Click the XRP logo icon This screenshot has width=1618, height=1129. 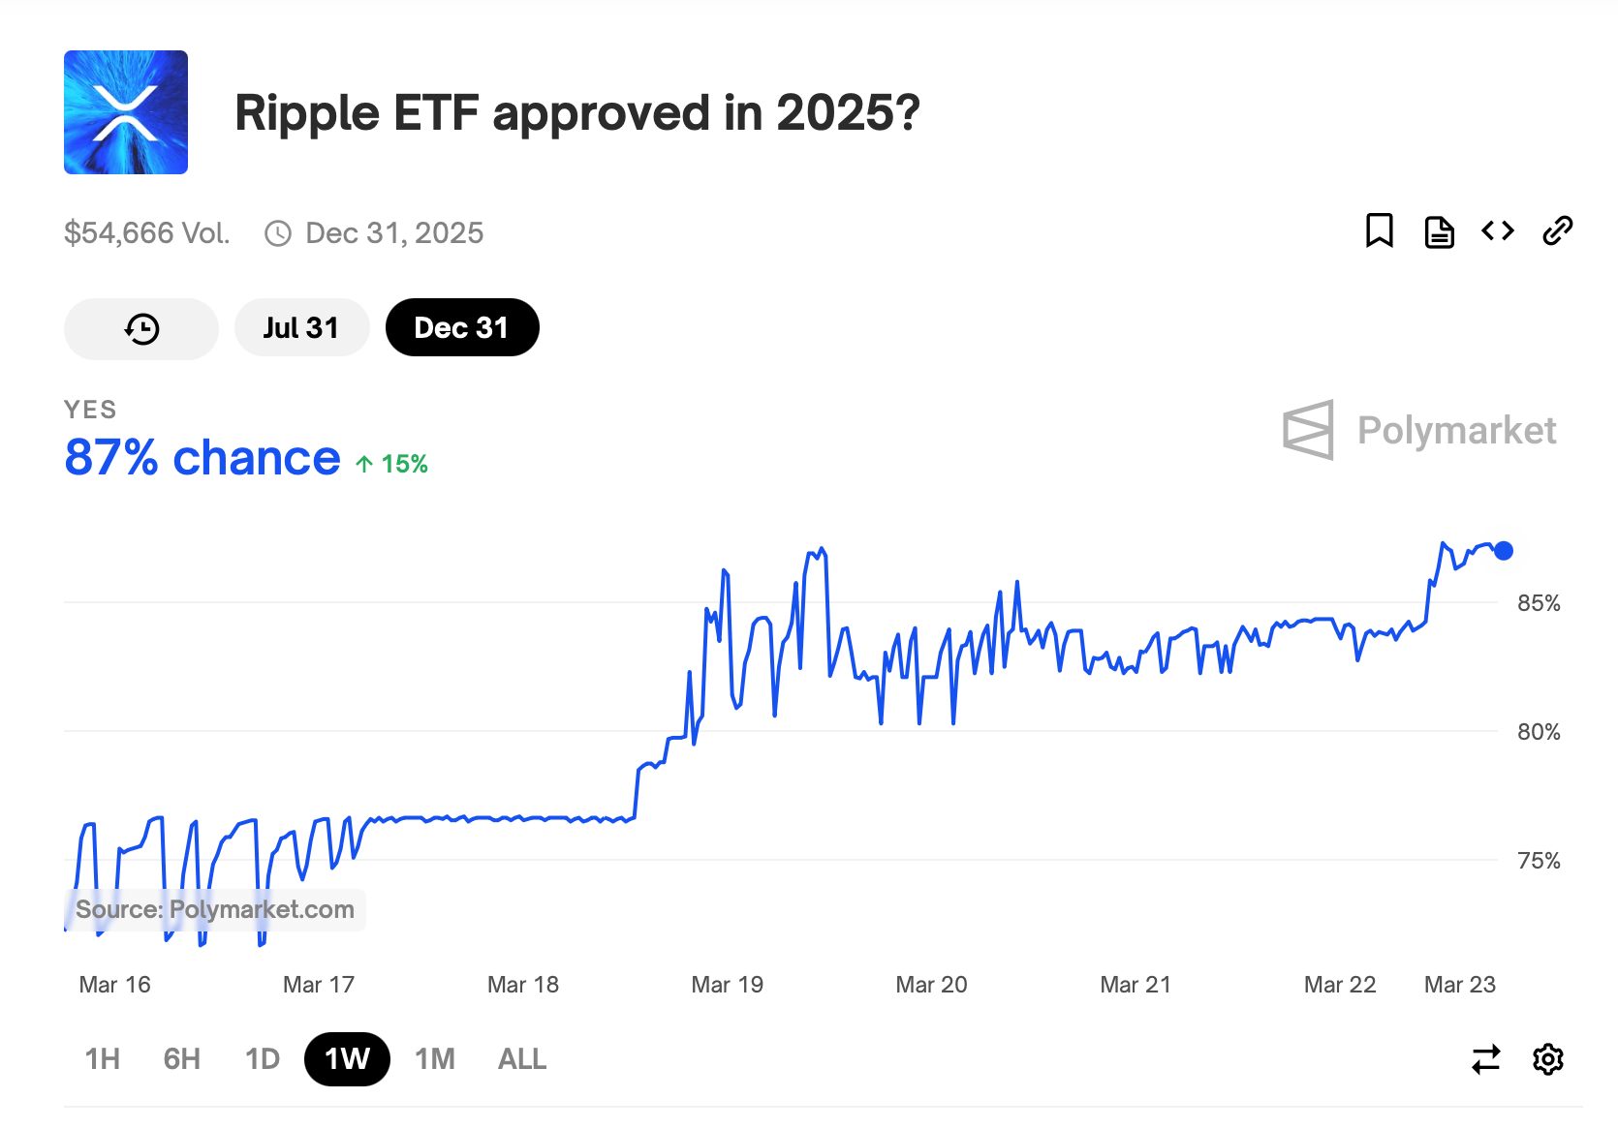[x=126, y=112]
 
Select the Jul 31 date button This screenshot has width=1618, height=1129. [x=301, y=328]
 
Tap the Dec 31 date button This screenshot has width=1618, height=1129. [x=461, y=328]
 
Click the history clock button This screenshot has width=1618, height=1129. [x=141, y=329]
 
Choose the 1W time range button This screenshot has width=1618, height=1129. [x=347, y=1059]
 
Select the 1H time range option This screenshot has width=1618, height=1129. [x=103, y=1059]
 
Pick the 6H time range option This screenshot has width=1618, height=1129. [x=182, y=1059]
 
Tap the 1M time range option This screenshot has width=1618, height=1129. [x=435, y=1059]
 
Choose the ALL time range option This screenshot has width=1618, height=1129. [x=522, y=1059]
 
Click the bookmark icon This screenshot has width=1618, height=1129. [x=1379, y=231]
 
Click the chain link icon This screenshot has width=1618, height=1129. [x=1557, y=231]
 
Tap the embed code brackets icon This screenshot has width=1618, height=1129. [x=1497, y=231]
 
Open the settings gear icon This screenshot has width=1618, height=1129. [x=1548, y=1059]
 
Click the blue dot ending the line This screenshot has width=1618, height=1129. [x=1504, y=551]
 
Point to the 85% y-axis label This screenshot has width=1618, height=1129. [x=1539, y=603]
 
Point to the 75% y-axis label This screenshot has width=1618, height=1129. [x=1539, y=861]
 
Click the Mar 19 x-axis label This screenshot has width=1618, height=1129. [x=728, y=985]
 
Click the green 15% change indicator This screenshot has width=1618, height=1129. [x=392, y=465]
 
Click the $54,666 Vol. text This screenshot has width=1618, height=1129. [x=147, y=233]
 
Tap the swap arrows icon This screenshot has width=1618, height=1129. [x=1485, y=1059]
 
